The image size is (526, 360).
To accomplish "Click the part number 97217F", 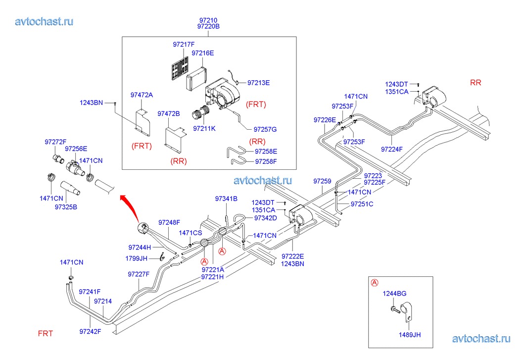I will click(x=184, y=45).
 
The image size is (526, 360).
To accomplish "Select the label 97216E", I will click(x=203, y=53).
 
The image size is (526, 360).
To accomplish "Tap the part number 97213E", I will click(x=258, y=83).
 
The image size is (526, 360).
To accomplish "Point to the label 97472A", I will click(x=142, y=95).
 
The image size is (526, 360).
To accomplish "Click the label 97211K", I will click(x=204, y=128).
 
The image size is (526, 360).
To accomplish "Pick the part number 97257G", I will click(x=265, y=129).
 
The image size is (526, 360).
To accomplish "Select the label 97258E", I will click(x=266, y=152).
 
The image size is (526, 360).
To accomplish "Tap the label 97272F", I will click(x=55, y=142).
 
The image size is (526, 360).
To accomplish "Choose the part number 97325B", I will click(x=66, y=206).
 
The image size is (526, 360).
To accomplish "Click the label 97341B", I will click(x=226, y=199).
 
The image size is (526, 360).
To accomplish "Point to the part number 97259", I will click(x=322, y=182).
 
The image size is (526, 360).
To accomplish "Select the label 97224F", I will click(x=392, y=149).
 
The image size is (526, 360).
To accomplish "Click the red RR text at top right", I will click(x=475, y=83).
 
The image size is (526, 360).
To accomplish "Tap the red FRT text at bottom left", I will click(x=46, y=333).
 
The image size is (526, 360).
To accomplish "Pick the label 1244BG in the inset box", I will click(x=394, y=294).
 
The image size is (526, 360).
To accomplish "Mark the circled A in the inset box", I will click(x=375, y=283).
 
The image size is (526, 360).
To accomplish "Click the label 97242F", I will click(x=90, y=331).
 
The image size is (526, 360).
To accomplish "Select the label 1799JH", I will click(x=137, y=258).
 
